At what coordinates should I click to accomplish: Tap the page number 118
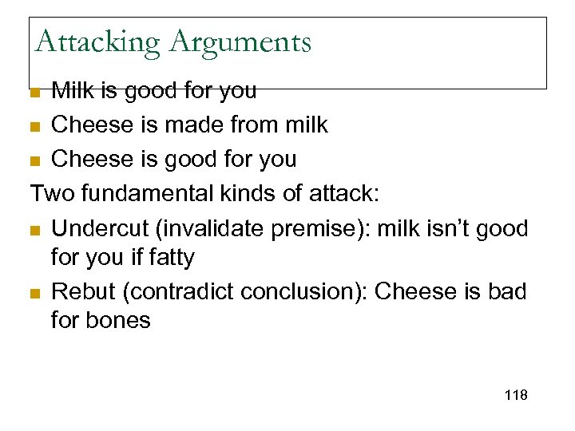(x=516, y=396)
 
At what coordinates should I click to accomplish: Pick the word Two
(x=51, y=194)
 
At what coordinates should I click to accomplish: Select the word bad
(x=509, y=292)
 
